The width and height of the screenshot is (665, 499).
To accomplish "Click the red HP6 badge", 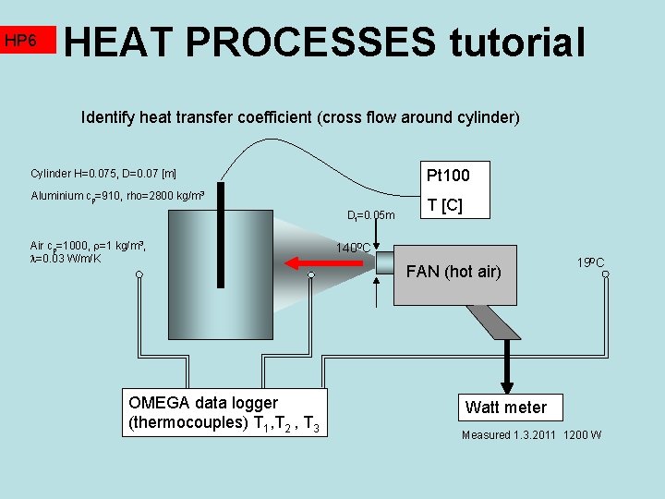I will [28, 40].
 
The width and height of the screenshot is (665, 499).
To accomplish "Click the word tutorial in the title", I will [517, 43].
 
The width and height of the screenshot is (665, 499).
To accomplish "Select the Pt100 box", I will [447, 175].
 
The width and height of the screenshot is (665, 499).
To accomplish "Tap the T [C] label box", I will [441, 205].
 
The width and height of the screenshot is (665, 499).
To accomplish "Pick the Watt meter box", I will [505, 407].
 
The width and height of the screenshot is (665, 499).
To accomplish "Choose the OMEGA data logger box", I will [221, 413].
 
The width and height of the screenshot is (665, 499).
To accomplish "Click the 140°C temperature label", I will [354, 248].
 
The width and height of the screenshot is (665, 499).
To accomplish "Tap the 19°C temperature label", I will [591, 262].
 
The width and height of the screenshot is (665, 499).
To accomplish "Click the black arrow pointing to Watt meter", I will [506, 370].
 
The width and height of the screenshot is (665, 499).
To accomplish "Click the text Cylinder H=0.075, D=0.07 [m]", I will [103, 174].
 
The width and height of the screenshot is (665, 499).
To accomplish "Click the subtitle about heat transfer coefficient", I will [301, 117].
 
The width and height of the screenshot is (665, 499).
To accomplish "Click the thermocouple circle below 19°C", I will [605, 276].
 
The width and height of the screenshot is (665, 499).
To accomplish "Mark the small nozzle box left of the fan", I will [384, 262].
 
